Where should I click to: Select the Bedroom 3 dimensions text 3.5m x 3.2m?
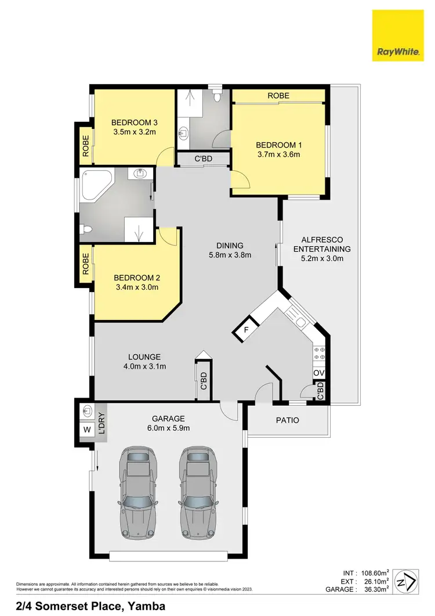(135, 132)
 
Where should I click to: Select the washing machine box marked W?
(87, 430)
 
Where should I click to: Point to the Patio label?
(287, 420)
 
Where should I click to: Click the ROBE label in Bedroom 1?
(278, 96)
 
